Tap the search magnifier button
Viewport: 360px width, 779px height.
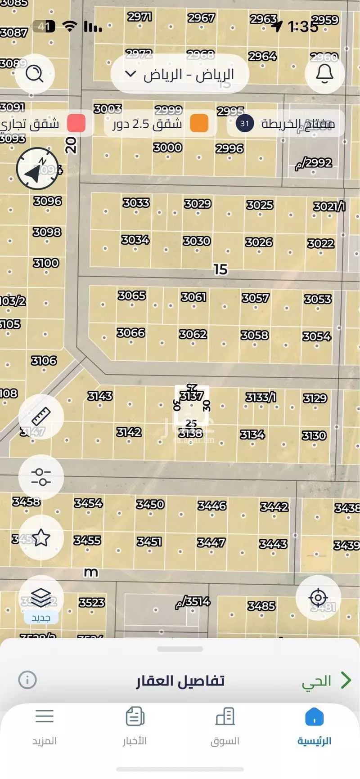point(35,73)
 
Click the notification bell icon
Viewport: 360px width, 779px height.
point(324,73)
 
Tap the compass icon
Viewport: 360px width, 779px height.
point(37,169)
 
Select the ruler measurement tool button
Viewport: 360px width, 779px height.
point(41,416)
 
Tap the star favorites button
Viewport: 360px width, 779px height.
point(41,537)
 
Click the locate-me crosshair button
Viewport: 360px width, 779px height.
point(318,598)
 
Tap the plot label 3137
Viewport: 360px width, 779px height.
point(191,396)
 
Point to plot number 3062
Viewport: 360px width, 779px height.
point(193,334)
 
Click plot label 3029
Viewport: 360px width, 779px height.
point(198,204)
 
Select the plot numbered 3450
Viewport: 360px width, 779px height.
point(150,504)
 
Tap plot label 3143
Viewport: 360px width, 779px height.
point(100,396)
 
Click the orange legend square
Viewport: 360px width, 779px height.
point(199,123)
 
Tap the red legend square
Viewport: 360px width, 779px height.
point(76,123)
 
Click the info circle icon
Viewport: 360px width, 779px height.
point(27,680)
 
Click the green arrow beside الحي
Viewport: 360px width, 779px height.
point(346,680)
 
